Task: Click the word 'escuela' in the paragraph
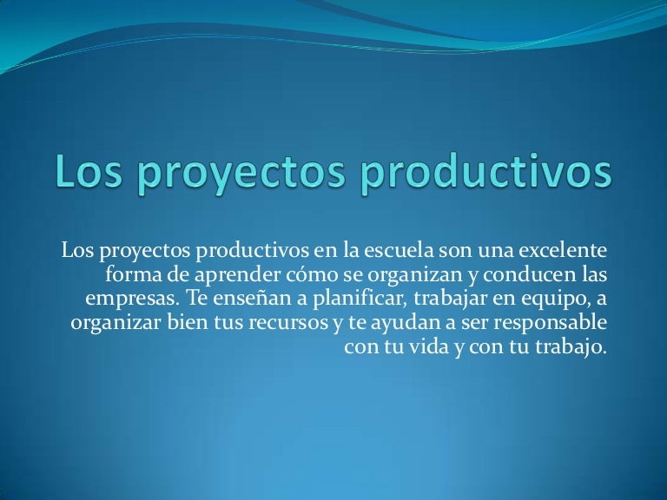(x=400, y=252)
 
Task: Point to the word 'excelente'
(x=564, y=252)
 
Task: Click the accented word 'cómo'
(x=299, y=276)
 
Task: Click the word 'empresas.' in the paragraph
(x=125, y=301)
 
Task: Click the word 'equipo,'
(x=536, y=301)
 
